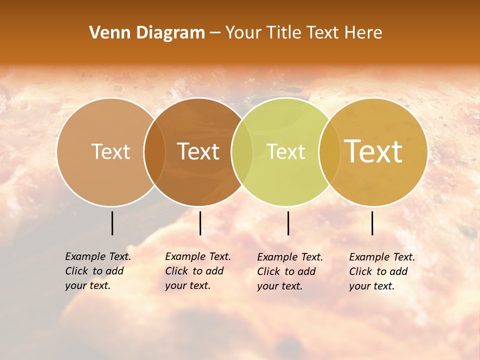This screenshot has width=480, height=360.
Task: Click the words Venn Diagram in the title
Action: coord(147,33)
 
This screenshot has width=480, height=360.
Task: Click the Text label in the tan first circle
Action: coord(110,151)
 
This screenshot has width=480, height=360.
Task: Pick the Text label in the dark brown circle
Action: coord(198,151)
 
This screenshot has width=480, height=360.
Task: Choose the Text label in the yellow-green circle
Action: coord(286,151)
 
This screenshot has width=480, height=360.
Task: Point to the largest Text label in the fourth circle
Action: coord(373,151)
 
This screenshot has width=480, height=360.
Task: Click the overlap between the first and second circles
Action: coord(154,151)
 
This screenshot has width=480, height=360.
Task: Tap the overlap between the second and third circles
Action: coord(242,151)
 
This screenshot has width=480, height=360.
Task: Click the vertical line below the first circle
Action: coord(112,223)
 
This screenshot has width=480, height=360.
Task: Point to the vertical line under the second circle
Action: coord(200,223)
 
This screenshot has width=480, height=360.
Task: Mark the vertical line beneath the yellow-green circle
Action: coord(288,223)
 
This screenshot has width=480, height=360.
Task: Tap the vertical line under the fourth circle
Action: coord(372,223)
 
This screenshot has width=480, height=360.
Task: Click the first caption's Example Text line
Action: coord(98,256)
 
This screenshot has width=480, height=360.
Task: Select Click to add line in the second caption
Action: coord(194,271)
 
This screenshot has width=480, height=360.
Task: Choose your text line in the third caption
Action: coord(280,286)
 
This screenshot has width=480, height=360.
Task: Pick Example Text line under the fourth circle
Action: coord(382,257)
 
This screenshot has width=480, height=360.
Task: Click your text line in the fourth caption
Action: coord(372,286)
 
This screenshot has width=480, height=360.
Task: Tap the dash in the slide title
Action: coord(215,33)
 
